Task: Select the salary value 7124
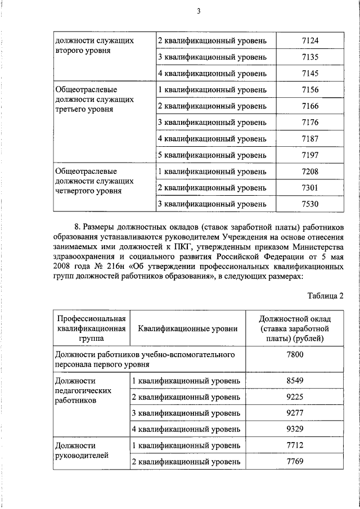point(310,41)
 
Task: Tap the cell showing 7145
point(310,73)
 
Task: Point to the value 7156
point(310,89)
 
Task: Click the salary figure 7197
point(310,154)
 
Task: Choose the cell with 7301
point(310,187)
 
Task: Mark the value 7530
point(310,203)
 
